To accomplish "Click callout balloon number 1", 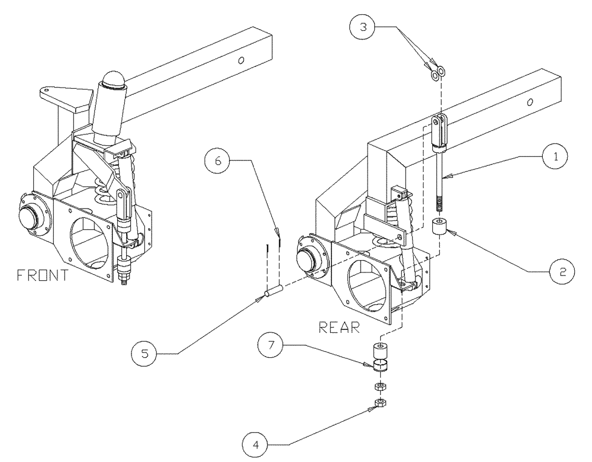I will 553,156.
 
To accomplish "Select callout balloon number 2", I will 559,271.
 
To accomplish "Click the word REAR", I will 340,327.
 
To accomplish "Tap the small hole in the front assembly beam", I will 242,60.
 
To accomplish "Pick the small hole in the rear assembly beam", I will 530,102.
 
